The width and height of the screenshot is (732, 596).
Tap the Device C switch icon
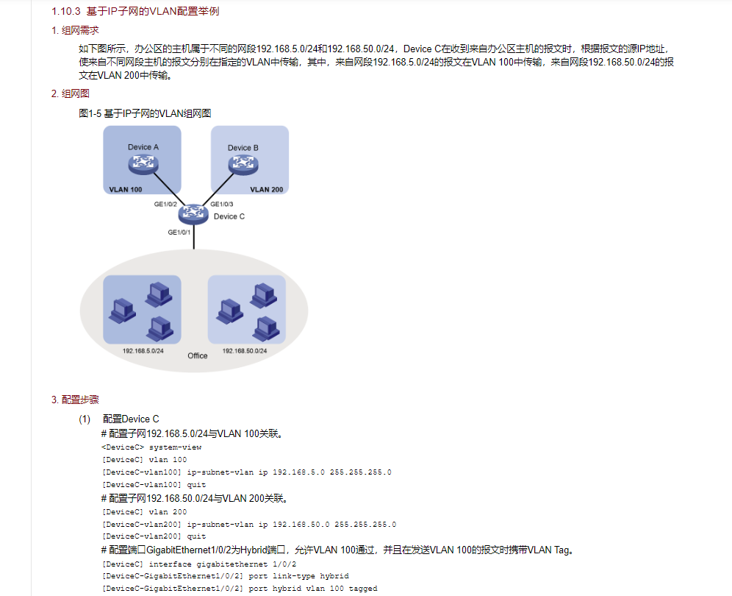(194, 213)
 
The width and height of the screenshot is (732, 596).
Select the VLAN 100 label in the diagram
(126, 189)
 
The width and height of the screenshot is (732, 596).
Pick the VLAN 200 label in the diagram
(266, 189)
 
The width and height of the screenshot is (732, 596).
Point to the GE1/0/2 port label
(165, 204)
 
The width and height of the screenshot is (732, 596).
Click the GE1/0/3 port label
(222, 204)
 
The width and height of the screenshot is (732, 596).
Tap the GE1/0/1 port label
(179, 233)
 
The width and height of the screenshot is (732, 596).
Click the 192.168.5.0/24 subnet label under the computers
(143, 351)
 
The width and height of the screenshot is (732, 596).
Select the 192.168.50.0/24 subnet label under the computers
(245, 351)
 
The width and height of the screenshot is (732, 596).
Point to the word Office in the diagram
(198, 356)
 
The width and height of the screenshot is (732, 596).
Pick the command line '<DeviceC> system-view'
(151, 447)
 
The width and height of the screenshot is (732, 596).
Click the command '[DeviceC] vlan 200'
(144, 511)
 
